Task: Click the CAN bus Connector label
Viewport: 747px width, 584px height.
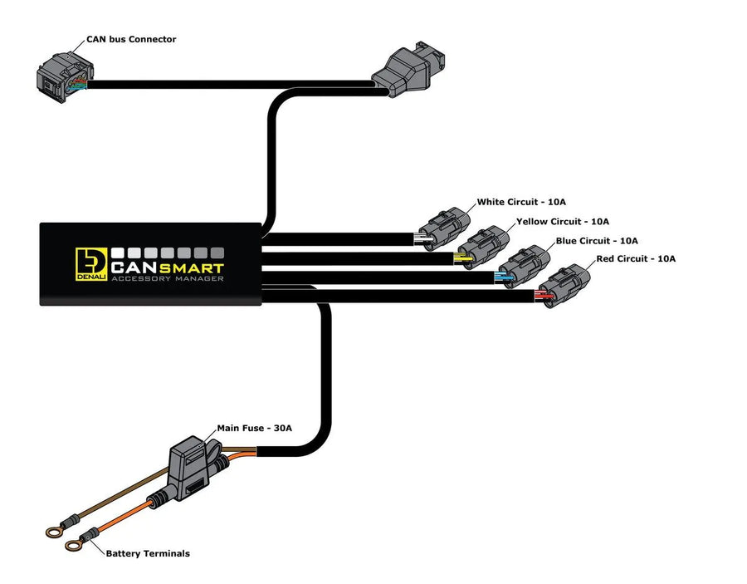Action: tap(131, 39)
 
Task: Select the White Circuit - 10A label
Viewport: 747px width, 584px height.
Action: tap(521, 202)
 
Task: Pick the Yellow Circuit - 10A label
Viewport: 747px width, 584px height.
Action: tap(563, 222)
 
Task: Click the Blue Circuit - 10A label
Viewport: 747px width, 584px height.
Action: tap(597, 241)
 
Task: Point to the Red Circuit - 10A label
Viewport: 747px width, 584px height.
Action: tap(636, 259)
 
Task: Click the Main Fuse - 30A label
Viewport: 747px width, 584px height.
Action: tap(254, 429)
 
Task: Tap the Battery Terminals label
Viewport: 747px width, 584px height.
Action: tap(147, 553)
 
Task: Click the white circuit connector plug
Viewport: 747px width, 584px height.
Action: tap(443, 226)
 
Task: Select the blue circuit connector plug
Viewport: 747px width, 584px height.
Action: tap(523, 265)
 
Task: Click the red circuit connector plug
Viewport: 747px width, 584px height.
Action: tap(564, 285)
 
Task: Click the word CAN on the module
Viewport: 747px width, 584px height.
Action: tap(133, 267)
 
